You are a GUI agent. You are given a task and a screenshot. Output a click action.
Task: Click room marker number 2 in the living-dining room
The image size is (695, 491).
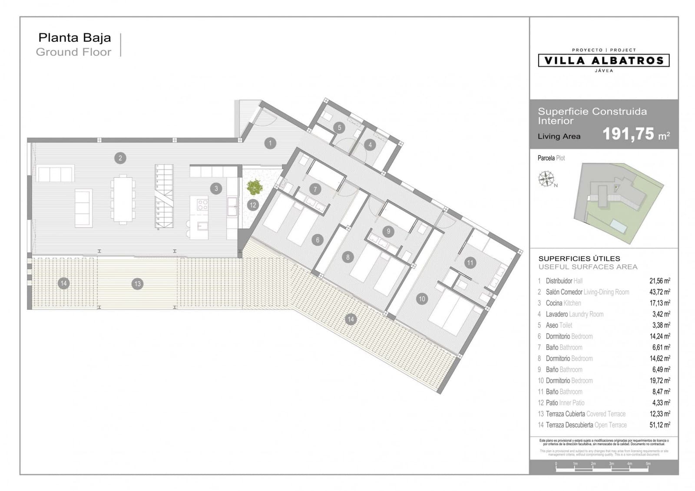120,158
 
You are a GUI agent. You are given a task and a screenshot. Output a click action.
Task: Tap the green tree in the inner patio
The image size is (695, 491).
255,188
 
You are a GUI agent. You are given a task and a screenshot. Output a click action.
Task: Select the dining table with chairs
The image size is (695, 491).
123,199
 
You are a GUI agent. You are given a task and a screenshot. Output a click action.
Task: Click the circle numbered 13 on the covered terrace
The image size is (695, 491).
137,284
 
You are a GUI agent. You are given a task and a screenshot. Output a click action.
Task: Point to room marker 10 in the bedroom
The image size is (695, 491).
421,299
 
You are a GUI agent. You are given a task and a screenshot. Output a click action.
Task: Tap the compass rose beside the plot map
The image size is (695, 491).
546,179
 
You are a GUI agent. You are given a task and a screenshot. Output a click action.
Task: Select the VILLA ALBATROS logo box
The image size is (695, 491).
603,60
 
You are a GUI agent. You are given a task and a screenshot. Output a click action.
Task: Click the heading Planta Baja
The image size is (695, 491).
75,38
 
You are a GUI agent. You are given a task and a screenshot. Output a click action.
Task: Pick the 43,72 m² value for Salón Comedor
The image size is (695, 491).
659,292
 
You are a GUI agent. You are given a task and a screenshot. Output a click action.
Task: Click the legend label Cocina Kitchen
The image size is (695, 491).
563,303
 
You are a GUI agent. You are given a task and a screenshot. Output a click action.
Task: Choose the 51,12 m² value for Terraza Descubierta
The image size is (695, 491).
659,425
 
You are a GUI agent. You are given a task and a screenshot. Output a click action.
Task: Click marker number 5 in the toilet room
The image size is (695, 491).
339,128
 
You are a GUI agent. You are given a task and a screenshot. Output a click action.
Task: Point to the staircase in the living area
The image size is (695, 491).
164,196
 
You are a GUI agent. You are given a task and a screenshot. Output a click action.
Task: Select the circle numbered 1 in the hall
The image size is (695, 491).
270,143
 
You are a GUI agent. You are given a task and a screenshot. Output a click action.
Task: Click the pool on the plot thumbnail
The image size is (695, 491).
619,225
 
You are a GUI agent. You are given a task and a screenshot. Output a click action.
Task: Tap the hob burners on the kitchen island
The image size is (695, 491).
202,204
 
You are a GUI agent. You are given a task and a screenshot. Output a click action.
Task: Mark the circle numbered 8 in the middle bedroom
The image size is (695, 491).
347,257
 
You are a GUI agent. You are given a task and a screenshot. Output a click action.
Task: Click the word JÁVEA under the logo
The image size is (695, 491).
603,70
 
